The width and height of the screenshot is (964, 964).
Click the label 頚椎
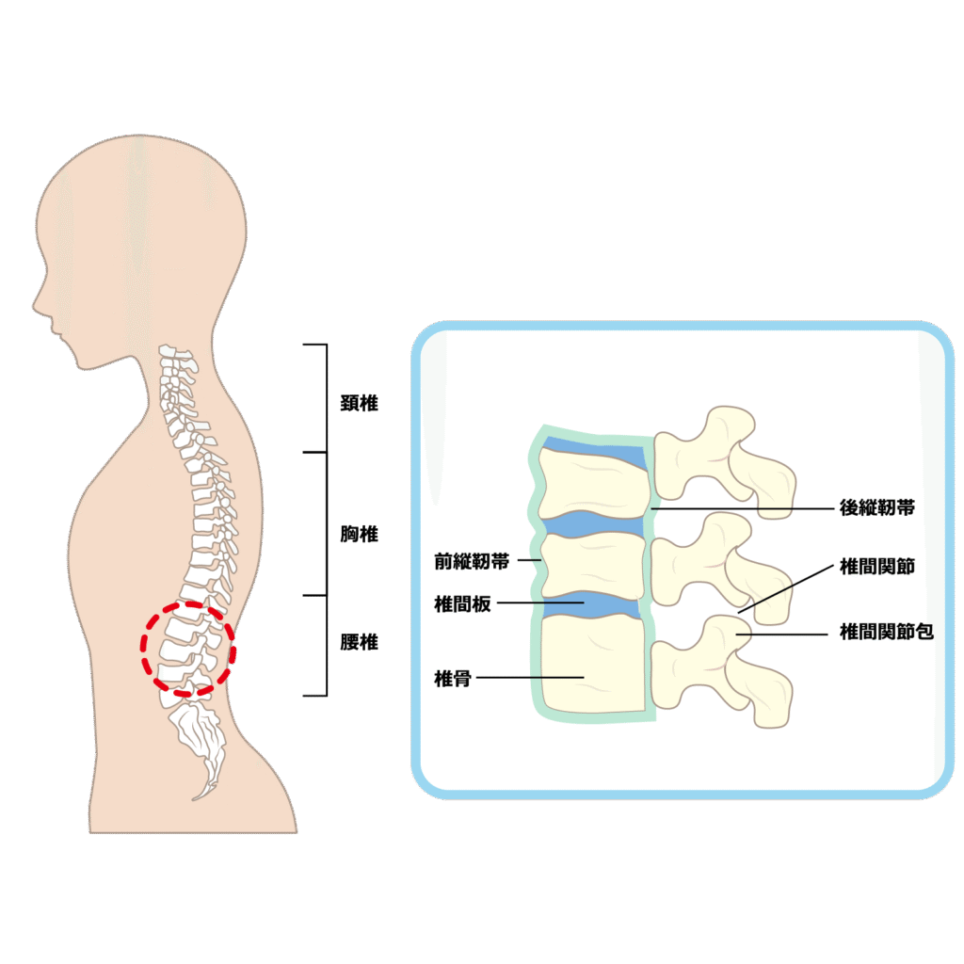tap(359, 403)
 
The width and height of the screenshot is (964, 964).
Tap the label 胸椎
tap(359, 534)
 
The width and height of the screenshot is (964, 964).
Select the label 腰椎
tap(359, 642)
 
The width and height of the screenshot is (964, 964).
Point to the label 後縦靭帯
tap(877, 507)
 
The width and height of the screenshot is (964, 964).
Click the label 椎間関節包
tap(887, 632)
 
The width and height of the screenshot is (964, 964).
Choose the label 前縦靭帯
tap(472, 561)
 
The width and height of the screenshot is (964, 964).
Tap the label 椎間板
tap(462, 603)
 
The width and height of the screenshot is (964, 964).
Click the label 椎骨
tap(453, 679)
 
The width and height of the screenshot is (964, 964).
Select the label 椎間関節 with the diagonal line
tap(877, 566)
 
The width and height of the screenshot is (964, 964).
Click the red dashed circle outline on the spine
tap(142, 646)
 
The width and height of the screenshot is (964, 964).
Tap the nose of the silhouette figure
tap(35, 304)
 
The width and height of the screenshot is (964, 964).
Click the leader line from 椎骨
tap(530, 678)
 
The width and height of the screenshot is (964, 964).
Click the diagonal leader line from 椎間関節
tap(786, 589)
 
